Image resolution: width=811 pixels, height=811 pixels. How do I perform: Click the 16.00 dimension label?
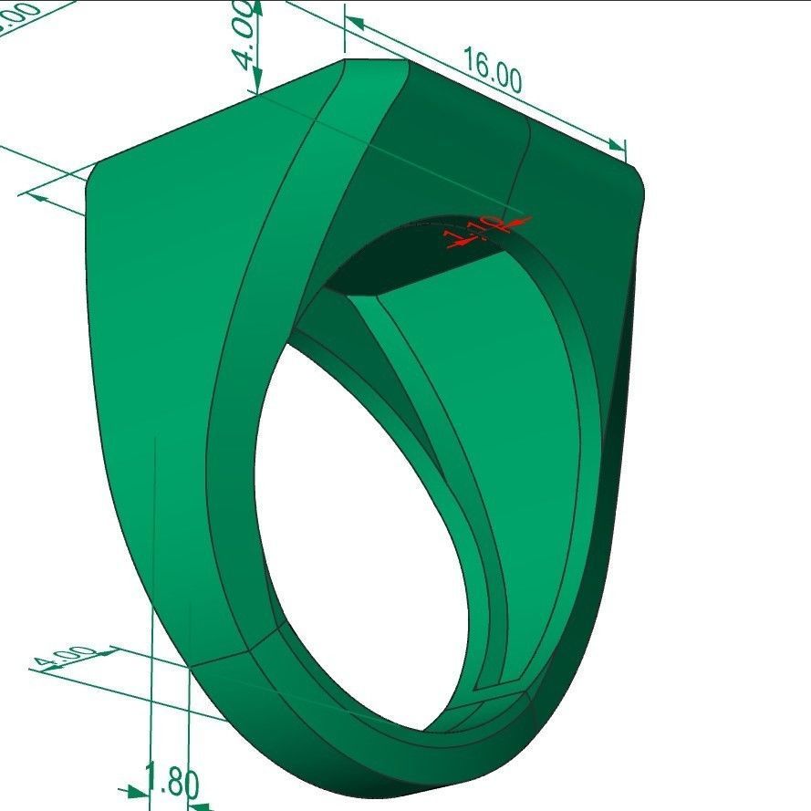(x=493, y=70)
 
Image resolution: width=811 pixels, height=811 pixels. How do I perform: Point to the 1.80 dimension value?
(x=172, y=783)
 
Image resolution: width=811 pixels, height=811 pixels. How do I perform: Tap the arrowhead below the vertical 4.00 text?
(x=257, y=80)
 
